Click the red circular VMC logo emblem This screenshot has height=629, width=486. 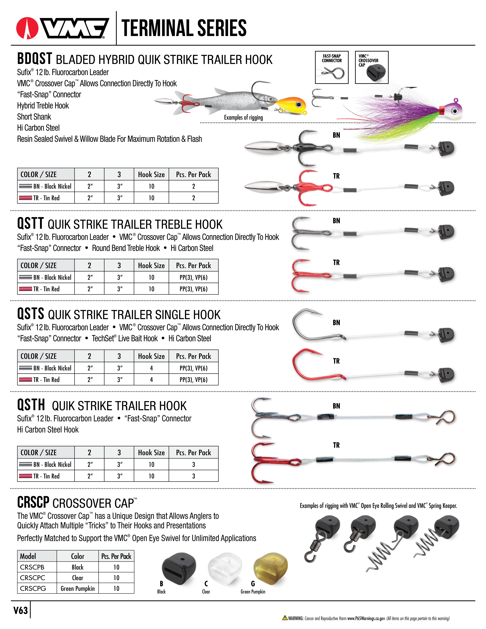(x=27, y=28)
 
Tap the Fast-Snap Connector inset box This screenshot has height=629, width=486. (x=332, y=67)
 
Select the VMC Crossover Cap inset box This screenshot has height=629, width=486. (x=372, y=67)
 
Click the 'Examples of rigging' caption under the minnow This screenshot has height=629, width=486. (x=243, y=118)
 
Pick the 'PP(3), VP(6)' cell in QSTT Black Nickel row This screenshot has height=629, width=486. (x=193, y=277)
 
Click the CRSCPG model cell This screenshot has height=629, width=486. (x=33, y=588)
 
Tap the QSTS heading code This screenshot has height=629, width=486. (x=30, y=314)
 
